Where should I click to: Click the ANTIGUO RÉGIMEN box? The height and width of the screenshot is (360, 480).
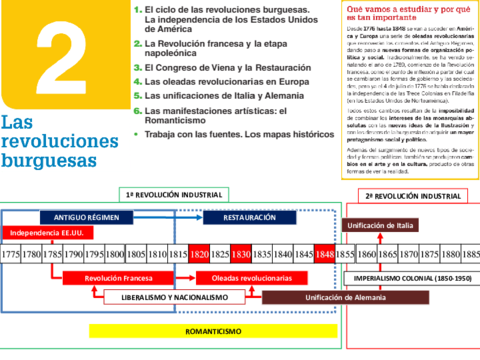tap(88, 216)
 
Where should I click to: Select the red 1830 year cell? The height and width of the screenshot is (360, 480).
tap(241, 255)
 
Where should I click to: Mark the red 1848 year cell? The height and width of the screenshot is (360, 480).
tap(323, 255)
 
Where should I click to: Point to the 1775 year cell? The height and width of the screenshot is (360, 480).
tap(12, 255)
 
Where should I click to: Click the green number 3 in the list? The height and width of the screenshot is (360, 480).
tap(136, 59)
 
